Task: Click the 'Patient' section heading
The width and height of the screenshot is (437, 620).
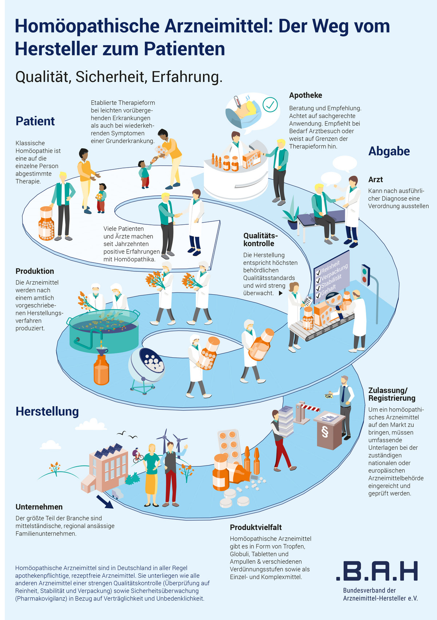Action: pyautogui.click(x=35, y=121)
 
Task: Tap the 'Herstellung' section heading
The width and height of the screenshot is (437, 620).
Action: pyautogui.click(x=47, y=412)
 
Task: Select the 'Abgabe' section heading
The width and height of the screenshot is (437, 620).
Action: pyautogui.click(x=389, y=151)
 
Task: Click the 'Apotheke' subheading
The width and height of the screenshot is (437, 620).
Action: pyautogui.click(x=306, y=95)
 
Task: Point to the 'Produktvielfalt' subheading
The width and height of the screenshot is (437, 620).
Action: pyautogui.click(x=256, y=527)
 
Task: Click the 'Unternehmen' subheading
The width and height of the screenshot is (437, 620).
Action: pyautogui.click(x=39, y=507)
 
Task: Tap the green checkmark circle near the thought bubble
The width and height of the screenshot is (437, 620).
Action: pyautogui.click(x=270, y=105)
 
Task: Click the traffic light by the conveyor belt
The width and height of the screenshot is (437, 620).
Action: pyautogui.click(x=365, y=274)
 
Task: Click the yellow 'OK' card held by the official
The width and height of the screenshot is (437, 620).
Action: pyautogui.click(x=328, y=396)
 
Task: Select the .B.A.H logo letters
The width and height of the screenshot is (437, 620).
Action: pyautogui.click(x=377, y=571)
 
